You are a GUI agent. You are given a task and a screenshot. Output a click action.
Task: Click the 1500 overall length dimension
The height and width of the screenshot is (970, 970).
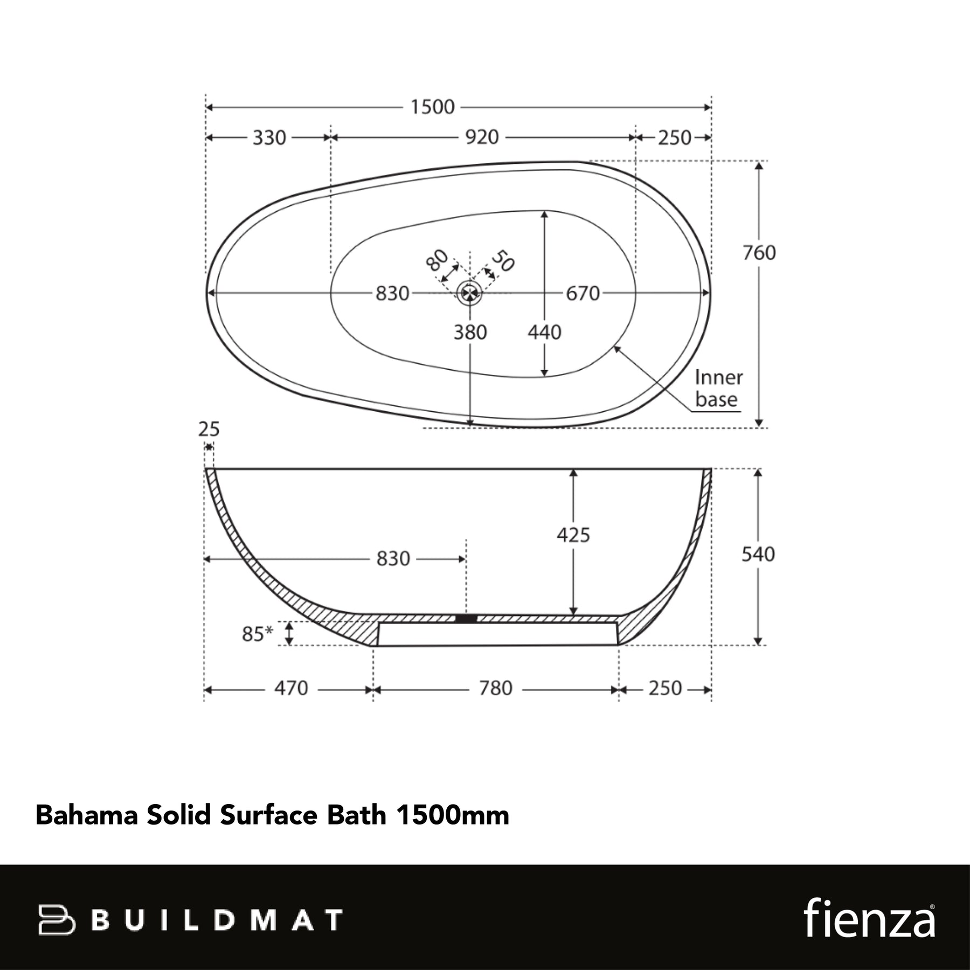coord(433,107)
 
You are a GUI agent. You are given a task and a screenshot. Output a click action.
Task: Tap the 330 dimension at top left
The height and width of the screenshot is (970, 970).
coord(269,138)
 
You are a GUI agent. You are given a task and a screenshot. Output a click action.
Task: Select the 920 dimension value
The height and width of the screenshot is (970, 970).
coord(482,137)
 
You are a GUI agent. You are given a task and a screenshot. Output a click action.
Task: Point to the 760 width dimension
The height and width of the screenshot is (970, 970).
coord(759,253)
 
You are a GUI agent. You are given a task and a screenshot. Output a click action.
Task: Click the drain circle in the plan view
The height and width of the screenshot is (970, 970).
coord(469,293)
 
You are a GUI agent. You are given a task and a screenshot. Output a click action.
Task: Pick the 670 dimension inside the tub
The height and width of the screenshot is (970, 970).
coord(583,294)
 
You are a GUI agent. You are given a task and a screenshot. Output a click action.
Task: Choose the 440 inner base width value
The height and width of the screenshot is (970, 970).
coord(544,332)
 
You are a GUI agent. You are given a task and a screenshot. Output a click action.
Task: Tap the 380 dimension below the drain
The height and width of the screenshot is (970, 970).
coord(470,332)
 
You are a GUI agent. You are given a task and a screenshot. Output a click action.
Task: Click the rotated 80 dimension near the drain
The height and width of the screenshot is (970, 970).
coord(437,260)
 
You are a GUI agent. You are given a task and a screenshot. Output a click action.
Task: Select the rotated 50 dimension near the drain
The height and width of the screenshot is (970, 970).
coord(503,261)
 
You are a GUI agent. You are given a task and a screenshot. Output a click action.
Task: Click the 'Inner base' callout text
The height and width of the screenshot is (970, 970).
coord(718,388)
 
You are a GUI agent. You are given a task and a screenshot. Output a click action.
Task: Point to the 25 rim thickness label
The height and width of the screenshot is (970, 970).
coord(209,429)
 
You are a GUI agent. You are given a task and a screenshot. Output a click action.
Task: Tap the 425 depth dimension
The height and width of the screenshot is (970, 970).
coord(573,535)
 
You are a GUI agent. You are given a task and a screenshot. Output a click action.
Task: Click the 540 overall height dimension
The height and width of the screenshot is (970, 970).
coord(758,555)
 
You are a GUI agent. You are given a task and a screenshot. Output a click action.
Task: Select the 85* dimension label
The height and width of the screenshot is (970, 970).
coord(258,634)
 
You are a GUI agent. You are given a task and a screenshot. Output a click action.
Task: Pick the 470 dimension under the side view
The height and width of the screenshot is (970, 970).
coord(291,688)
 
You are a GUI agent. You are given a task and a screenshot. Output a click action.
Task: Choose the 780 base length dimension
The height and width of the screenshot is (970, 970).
coord(496,688)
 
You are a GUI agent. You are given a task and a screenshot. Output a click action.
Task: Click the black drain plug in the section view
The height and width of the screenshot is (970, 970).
coord(466,619)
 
